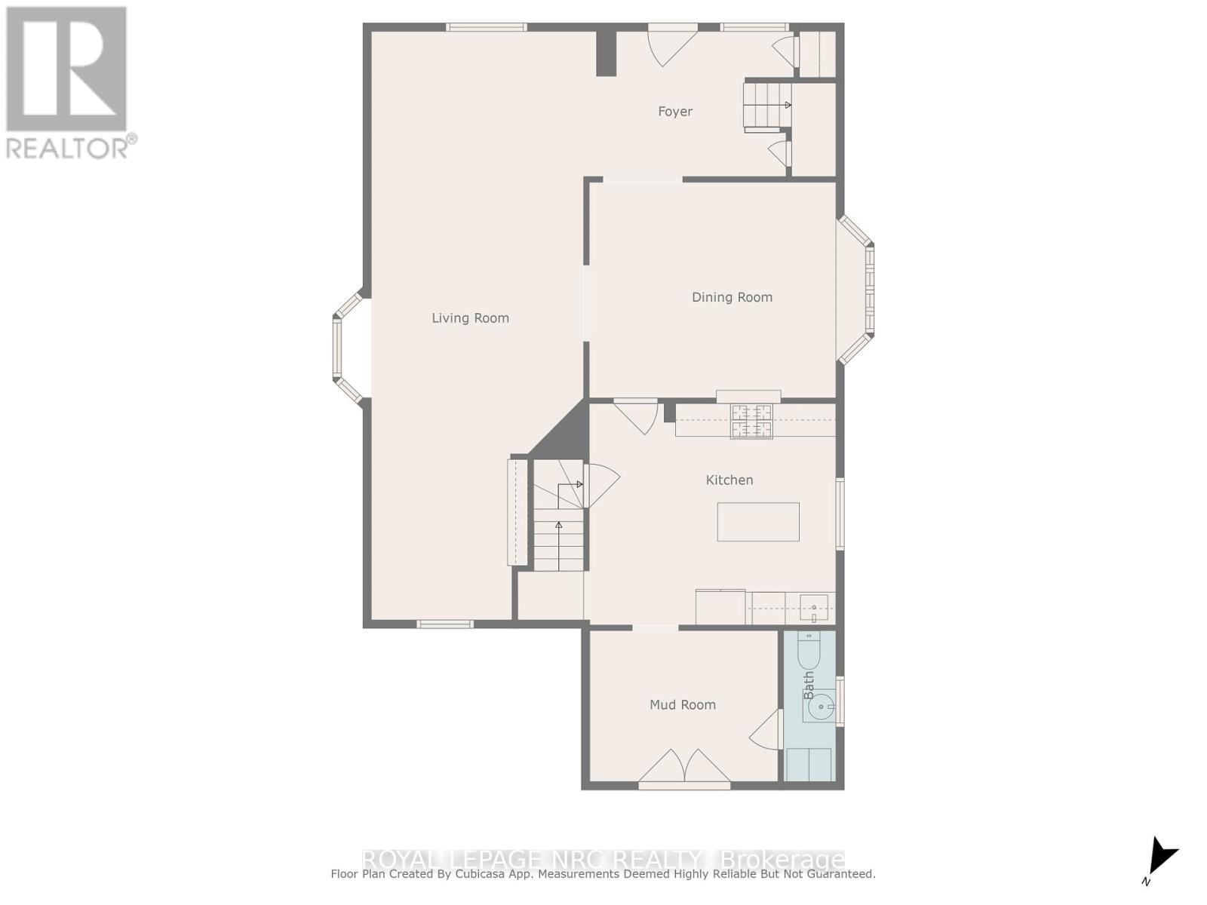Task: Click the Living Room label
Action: tap(470, 318)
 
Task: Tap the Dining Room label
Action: tap(732, 297)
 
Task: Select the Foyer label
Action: tap(674, 112)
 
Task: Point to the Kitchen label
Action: tap(729, 480)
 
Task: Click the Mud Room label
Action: tap(682, 704)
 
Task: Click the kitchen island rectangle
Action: tap(757, 522)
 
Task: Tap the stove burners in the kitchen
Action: tap(751, 422)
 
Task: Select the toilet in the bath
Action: tap(808, 654)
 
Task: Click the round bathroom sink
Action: tap(821, 707)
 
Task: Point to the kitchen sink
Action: tap(814, 607)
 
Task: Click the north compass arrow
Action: tap(1161, 857)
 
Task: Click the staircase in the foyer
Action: tap(767, 106)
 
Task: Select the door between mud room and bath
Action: tap(766, 729)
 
